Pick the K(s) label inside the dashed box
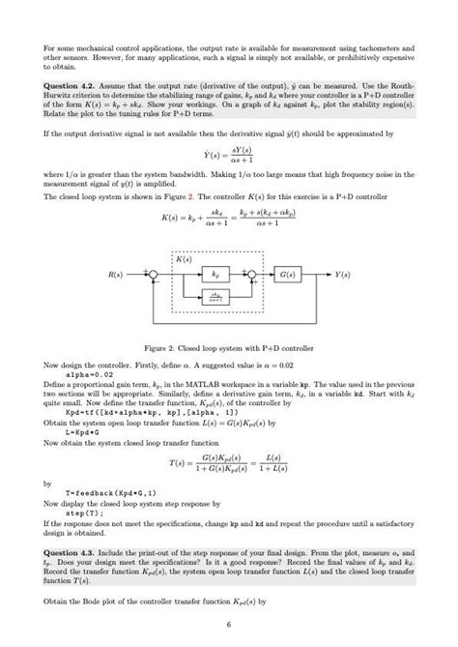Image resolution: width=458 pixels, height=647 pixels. click(x=184, y=260)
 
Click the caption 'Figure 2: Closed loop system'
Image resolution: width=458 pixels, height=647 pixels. click(x=227, y=346)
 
